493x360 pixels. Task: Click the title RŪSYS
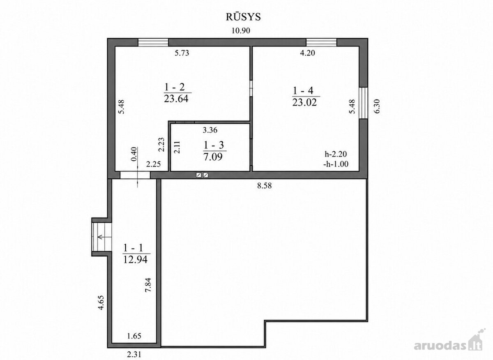click(243, 17)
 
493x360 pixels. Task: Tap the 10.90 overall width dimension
click(241, 30)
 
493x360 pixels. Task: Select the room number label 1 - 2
click(175, 87)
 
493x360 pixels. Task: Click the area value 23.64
click(176, 99)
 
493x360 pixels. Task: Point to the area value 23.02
click(304, 102)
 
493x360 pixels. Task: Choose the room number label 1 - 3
click(214, 145)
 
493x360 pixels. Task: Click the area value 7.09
click(213, 157)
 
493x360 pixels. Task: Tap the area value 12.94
click(135, 259)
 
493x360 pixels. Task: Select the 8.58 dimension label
click(264, 186)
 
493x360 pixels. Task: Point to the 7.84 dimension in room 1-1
click(148, 285)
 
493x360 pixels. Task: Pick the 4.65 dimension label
click(101, 302)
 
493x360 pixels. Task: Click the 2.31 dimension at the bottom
click(134, 355)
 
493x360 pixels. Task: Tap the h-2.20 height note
click(336, 154)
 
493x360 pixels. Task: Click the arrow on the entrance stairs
click(102, 237)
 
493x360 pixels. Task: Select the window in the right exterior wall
click(363, 103)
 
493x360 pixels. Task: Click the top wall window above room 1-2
click(153, 42)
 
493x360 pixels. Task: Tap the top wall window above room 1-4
click(322, 42)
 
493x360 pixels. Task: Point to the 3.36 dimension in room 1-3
click(210, 130)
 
